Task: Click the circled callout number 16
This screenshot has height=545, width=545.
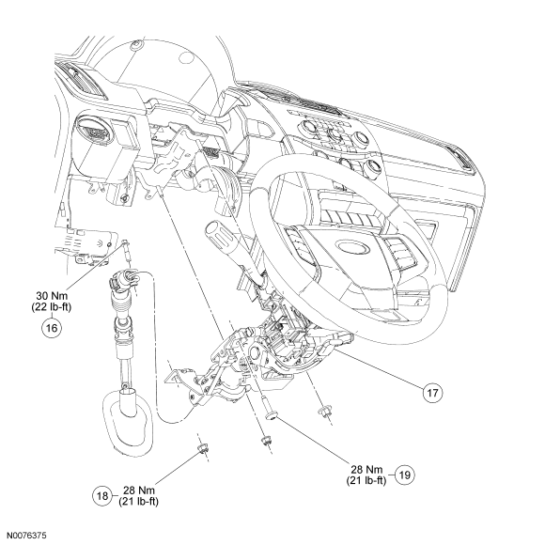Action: coord(52,328)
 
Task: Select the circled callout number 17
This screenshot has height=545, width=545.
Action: coord(432,393)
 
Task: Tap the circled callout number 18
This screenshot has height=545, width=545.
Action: coord(102,495)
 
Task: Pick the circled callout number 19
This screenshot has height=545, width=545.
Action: coord(405,475)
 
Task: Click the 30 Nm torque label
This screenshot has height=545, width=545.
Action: coord(52,296)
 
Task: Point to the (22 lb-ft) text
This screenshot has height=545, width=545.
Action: coord(52,307)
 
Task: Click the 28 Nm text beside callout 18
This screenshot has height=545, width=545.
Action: coord(139,490)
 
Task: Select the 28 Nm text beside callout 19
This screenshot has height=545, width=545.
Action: coord(366,469)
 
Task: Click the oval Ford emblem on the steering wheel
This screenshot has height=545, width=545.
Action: coord(352,247)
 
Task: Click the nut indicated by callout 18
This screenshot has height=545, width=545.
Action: coord(202,447)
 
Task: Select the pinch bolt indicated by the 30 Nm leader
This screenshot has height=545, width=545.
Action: coord(127,250)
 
